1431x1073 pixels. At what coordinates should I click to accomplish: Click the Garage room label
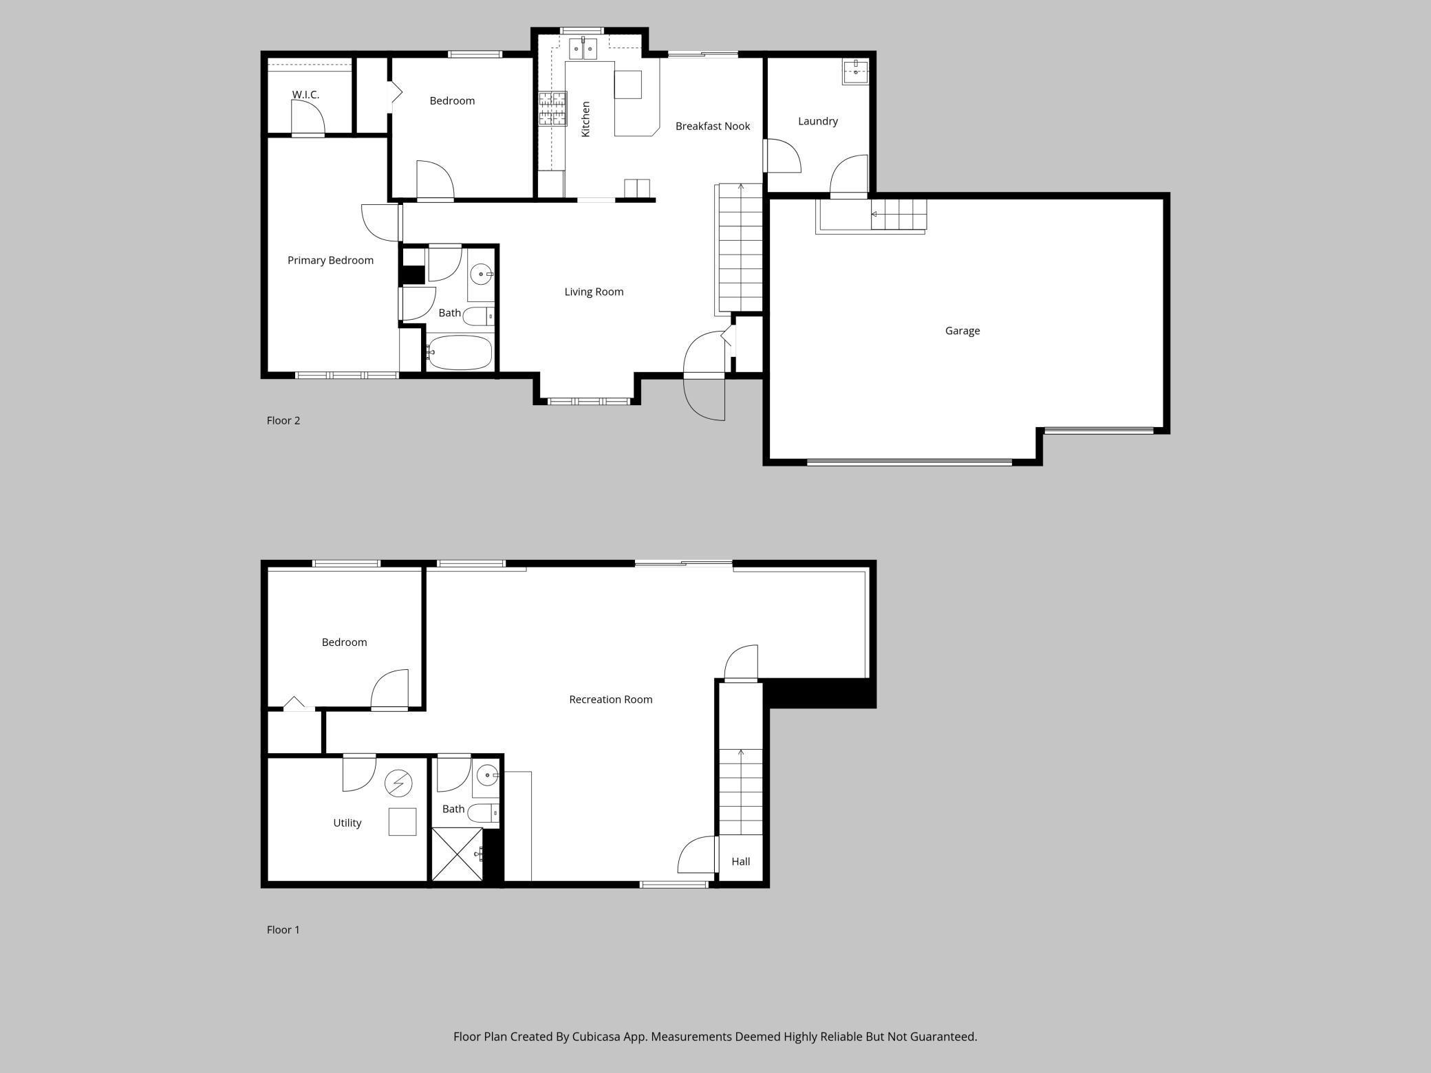point(962,331)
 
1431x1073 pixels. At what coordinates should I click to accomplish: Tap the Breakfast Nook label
point(712,126)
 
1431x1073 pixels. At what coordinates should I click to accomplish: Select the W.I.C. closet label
point(305,95)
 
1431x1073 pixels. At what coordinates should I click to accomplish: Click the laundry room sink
point(855,72)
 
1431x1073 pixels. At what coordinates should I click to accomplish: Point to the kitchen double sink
point(583,50)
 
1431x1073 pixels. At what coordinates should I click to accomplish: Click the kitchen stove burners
point(552,109)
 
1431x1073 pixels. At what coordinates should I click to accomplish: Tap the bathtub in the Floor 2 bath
point(459,353)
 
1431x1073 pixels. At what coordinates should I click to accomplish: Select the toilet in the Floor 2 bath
point(477,316)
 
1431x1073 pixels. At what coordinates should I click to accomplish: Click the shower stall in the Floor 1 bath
point(457,854)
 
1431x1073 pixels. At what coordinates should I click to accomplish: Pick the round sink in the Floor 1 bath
point(487,775)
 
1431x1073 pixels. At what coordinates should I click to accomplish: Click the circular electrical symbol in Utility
point(398,783)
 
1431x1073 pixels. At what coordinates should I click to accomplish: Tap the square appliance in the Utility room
point(402,821)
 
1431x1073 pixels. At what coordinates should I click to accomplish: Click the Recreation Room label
point(610,700)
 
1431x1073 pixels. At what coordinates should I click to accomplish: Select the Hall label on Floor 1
point(740,861)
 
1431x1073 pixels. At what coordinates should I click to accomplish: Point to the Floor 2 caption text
point(283,420)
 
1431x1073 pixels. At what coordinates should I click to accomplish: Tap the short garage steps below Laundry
point(899,215)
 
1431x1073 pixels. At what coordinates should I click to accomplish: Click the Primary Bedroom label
point(330,260)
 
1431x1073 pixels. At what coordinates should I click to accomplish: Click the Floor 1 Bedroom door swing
point(391,689)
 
